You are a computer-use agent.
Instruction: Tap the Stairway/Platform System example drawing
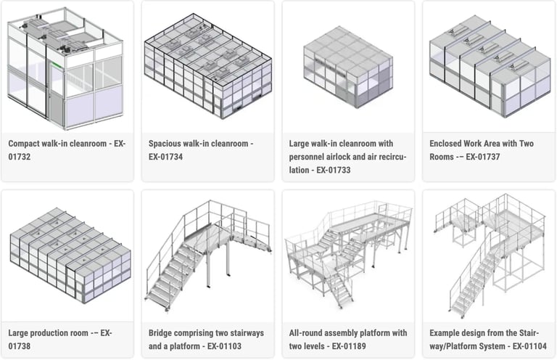pos(487,254)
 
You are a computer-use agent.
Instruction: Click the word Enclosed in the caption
pos(450,144)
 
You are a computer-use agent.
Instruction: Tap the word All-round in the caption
pos(310,333)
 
